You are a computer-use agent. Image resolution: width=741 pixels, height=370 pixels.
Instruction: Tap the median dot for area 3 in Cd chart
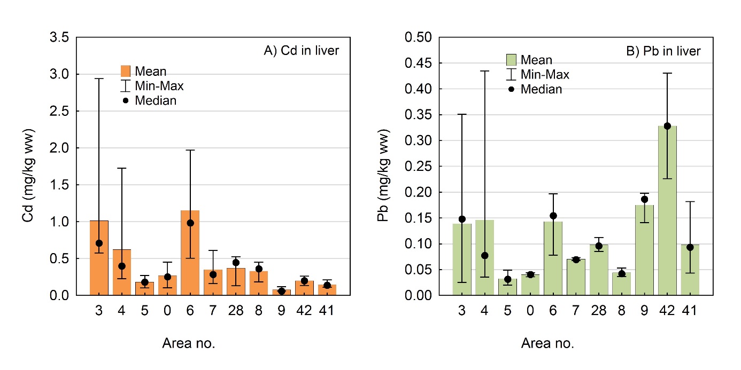[x=99, y=243]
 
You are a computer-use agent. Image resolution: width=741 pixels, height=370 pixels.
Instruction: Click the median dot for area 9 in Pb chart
[x=644, y=199]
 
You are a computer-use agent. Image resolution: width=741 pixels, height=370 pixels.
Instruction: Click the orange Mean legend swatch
[x=126, y=71]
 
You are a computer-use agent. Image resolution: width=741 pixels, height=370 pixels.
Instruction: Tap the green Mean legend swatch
[x=511, y=60]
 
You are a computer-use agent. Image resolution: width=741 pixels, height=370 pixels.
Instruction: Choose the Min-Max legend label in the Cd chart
[x=159, y=85]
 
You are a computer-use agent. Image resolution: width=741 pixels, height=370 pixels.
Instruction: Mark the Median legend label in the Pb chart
[x=542, y=89]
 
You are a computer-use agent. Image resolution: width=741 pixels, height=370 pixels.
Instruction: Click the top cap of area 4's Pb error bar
[x=484, y=70]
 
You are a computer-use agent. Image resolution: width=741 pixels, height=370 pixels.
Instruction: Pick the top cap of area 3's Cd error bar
[x=99, y=78]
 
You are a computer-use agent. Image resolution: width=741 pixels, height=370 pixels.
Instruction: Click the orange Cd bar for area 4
[x=122, y=272]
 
